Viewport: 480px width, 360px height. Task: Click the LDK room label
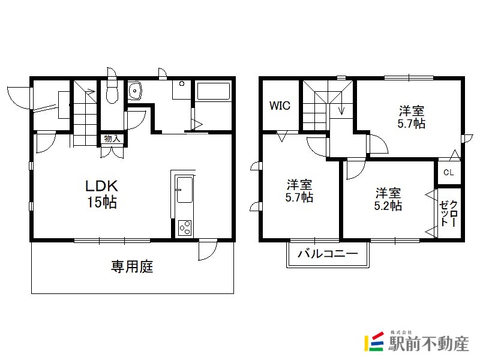click(x=101, y=186)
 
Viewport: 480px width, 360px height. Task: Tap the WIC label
click(x=280, y=106)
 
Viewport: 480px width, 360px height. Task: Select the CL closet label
click(x=448, y=172)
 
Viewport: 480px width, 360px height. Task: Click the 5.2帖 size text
click(x=388, y=206)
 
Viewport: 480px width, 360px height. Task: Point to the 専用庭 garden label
click(x=132, y=266)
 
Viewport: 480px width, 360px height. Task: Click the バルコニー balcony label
click(x=328, y=253)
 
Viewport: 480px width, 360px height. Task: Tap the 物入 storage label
click(x=112, y=139)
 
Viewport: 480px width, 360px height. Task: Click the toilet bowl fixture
click(x=112, y=91)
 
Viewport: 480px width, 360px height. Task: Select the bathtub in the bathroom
click(x=214, y=91)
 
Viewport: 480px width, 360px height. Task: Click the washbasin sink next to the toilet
click(x=134, y=91)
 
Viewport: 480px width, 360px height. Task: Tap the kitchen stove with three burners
click(x=185, y=228)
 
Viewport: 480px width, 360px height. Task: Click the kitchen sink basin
click(x=185, y=190)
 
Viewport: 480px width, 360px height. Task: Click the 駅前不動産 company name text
click(x=428, y=344)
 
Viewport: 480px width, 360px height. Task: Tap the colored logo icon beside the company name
click(x=374, y=341)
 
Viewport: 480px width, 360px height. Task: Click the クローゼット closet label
click(x=449, y=214)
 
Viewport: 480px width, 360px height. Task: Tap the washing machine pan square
click(x=182, y=89)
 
